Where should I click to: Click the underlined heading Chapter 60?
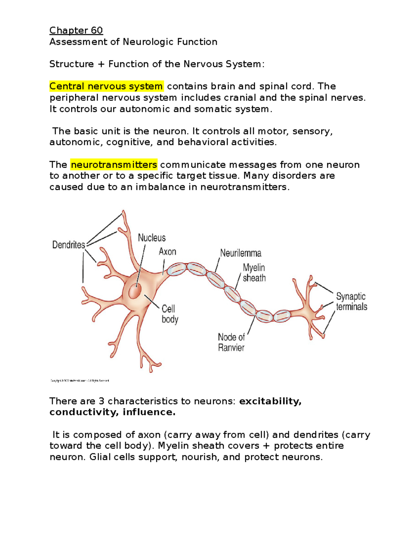click(x=76, y=30)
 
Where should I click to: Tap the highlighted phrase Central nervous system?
click(x=106, y=86)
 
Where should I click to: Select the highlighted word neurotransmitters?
click(x=114, y=164)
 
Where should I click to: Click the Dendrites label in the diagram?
click(x=69, y=245)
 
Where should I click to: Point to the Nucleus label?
click(x=152, y=238)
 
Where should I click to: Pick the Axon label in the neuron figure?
click(x=167, y=252)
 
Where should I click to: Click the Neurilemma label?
click(x=240, y=253)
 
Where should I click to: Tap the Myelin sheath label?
click(x=254, y=273)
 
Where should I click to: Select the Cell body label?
click(x=170, y=314)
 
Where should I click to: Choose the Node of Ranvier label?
click(x=231, y=342)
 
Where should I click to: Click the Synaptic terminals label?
click(x=351, y=301)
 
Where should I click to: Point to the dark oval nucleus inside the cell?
click(x=135, y=291)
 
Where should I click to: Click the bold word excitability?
click(x=270, y=401)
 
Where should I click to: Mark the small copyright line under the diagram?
click(x=80, y=380)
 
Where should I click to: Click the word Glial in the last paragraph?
click(x=99, y=457)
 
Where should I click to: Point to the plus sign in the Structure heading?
click(x=101, y=64)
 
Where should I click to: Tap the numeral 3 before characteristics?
click(x=101, y=401)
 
